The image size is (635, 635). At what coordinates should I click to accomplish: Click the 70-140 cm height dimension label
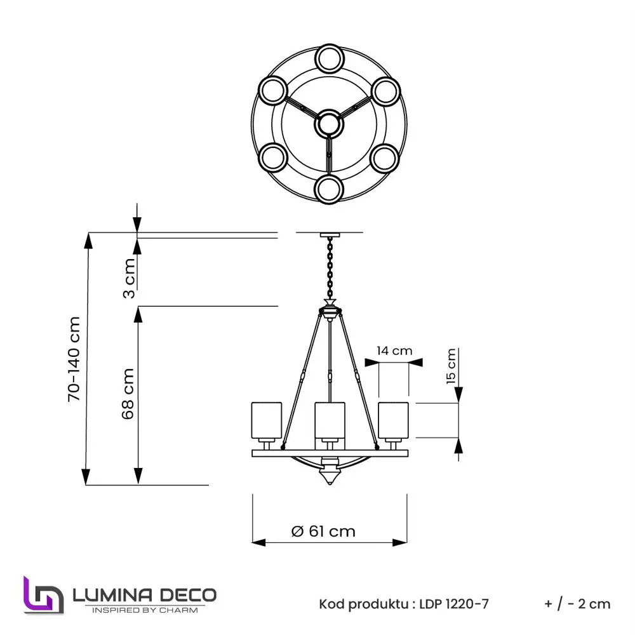tap(75, 359)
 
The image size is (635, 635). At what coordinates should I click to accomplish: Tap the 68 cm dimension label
tap(128, 393)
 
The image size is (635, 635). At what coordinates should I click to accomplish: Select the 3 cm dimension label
tap(129, 278)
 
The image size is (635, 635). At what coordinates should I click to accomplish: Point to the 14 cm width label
tap(394, 351)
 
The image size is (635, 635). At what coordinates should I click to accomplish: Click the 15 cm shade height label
tap(451, 366)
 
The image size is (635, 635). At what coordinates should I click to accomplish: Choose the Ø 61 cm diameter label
tap(323, 531)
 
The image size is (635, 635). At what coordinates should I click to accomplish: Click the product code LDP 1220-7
tap(454, 604)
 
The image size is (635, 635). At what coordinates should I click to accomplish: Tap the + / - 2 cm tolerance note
tap(577, 604)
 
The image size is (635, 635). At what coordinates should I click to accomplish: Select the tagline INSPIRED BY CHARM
tap(145, 610)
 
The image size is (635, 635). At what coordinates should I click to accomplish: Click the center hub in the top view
tap(329, 124)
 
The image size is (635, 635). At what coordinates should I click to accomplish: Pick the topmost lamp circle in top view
tap(329, 59)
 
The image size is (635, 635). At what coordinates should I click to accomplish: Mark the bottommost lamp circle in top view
tap(329, 189)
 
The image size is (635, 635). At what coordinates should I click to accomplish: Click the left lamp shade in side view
tap(266, 420)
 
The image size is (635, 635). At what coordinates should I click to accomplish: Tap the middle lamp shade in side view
tap(329, 420)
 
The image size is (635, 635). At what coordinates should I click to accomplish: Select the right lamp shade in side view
tap(392, 420)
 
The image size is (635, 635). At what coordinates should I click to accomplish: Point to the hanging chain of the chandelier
tap(330, 267)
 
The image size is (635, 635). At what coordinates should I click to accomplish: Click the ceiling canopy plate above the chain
tap(329, 234)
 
